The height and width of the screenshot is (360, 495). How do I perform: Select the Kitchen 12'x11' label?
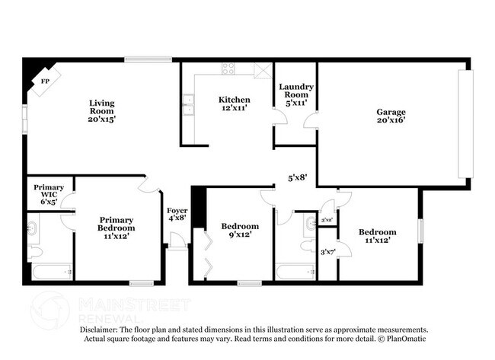tap(234, 105)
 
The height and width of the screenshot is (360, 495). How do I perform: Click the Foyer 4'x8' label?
tap(177, 216)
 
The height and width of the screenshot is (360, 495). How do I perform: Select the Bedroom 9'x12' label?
tap(239, 231)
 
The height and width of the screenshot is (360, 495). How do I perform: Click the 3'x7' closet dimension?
tap(327, 252)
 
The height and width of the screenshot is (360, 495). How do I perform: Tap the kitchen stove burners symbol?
tap(228, 68)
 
